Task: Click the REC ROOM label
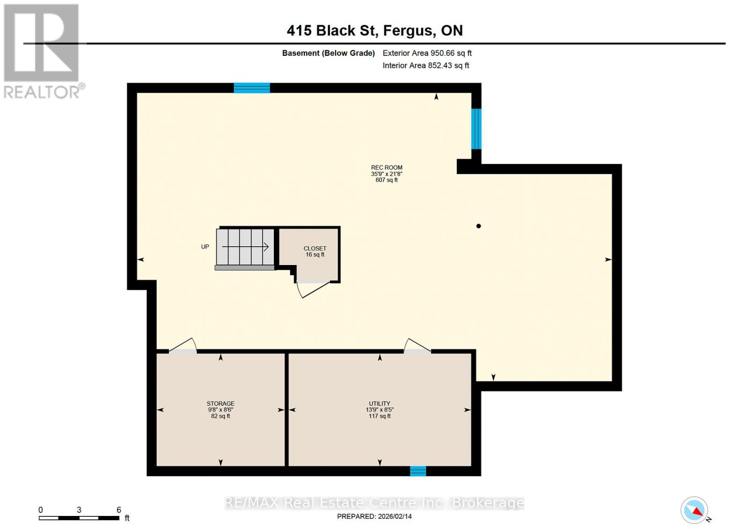click(x=387, y=168)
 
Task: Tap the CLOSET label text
click(x=315, y=249)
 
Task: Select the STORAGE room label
click(x=220, y=404)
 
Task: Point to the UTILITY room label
click(x=379, y=404)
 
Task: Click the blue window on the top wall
click(x=252, y=88)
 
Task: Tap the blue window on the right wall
click(x=476, y=128)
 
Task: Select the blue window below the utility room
click(x=418, y=471)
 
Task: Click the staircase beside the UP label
click(x=245, y=247)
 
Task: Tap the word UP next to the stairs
click(x=205, y=247)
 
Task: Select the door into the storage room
click(x=183, y=346)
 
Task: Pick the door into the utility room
click(x=418, y=346)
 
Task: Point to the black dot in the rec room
click(x=478, y=226)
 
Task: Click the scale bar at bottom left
click(x=79, y=518)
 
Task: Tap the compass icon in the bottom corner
click(x=694, y=510)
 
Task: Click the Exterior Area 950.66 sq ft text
click(x=427, y=53)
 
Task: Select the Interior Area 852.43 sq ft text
click(x=426, y=66)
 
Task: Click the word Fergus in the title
click(x=408, y=30)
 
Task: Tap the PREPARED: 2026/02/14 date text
click(x=374, y=516)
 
